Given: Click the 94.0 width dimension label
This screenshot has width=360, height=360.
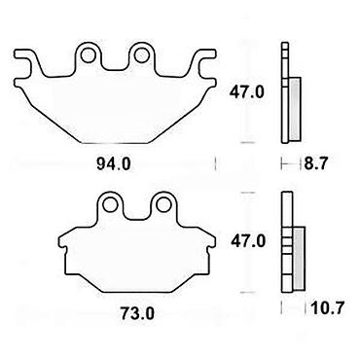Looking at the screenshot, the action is click(113, 164).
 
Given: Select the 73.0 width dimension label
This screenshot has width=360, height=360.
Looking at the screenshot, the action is click(137, 313).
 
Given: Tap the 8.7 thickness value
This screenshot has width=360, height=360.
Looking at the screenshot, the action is click(315, 163).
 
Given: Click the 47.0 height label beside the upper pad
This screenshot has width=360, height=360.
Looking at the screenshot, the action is click(247, 92).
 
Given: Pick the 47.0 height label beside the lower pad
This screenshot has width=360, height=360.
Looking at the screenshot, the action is click(248, 241).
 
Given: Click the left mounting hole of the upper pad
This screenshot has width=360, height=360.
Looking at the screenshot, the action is click(89, 55).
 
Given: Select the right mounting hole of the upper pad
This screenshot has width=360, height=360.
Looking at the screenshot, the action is click(141, 55).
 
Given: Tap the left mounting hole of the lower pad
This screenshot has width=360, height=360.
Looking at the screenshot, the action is click(110, 204).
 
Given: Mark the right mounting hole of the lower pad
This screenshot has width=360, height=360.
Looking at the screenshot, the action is click(163, 204).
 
